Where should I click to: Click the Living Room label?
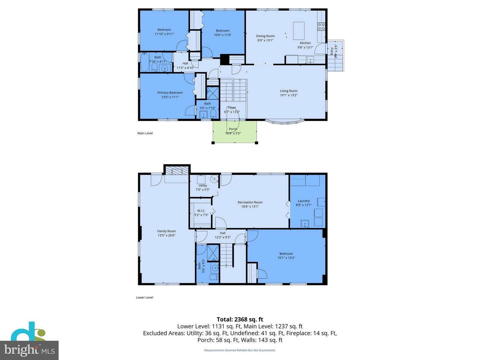[289, 91]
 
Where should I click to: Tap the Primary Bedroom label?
[170, 93]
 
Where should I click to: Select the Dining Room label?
[265, 36]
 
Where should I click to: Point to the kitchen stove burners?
[321, 27]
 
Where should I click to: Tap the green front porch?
[235, 132]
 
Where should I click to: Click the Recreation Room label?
[250, 202]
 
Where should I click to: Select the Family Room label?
[166, 231]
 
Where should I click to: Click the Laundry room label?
[304, 201]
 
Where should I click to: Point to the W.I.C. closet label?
[201, 211]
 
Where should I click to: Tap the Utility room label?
[203, 186]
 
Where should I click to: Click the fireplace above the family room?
[177, 171]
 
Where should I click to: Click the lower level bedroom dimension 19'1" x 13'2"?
[286, 258]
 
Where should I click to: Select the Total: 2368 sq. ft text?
[240, 319]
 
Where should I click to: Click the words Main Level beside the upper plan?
[145, 133]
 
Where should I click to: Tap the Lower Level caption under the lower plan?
[144, 297]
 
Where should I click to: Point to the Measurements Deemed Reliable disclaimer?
[240, 350]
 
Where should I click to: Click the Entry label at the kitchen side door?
[332, 51]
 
